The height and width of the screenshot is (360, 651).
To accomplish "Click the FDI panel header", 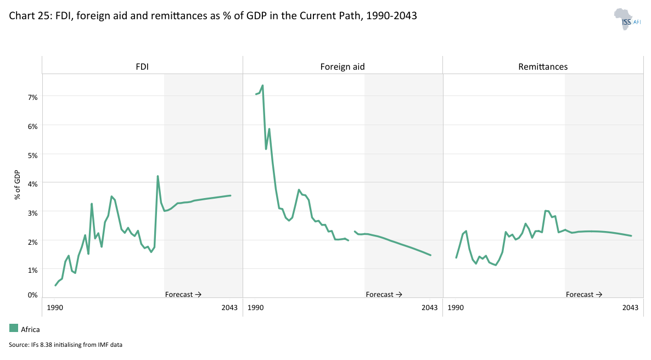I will point(142,67).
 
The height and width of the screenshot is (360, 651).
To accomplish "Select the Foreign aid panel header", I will point(343,67).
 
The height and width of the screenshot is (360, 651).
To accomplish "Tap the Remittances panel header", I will point(543,67).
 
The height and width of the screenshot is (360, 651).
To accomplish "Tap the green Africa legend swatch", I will point(14,328).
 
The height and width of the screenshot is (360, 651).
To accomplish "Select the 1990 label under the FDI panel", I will point(55,308).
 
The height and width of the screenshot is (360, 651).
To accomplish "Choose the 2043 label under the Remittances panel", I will point(631,308).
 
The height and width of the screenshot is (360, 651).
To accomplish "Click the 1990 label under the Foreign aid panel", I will point(255,308).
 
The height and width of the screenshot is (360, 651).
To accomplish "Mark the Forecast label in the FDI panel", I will point(183,295).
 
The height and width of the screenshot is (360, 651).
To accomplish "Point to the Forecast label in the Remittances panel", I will point(583,295).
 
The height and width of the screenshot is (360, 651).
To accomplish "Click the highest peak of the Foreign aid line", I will point(263,85).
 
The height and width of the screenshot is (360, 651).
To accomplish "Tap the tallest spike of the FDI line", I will point(158,176).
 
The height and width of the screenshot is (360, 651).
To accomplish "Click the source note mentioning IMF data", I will point(65,345).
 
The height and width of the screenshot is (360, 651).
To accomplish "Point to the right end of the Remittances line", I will point(632,236).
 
